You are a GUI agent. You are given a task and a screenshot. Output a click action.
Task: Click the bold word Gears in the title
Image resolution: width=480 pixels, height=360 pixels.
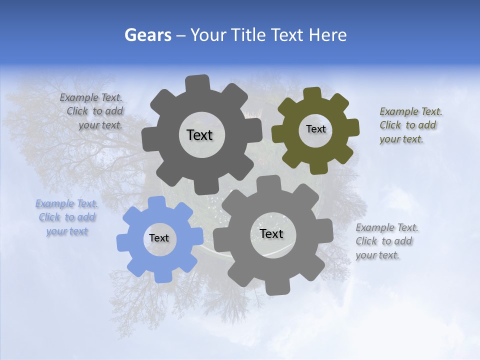click(x=148, y=35)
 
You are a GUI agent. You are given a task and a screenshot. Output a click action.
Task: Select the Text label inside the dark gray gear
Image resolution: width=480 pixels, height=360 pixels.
click(x=199, y=135)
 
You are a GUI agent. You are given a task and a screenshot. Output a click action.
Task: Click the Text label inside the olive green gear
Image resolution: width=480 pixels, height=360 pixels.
click(x=315, y=129)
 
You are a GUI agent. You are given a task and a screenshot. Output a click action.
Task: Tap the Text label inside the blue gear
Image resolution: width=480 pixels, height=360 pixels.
click(x=159, y=238)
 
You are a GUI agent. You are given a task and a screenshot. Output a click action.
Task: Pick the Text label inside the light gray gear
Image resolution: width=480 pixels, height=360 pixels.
click(x=271, y=233)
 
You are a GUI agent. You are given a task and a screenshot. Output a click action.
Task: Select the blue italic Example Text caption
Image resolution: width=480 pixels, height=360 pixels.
click(x=66, y=217)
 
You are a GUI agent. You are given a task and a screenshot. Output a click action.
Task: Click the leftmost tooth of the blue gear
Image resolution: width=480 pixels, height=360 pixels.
click(x=123, y=241)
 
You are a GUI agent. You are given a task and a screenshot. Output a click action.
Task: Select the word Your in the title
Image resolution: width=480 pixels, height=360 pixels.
click(x=209, y=35)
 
